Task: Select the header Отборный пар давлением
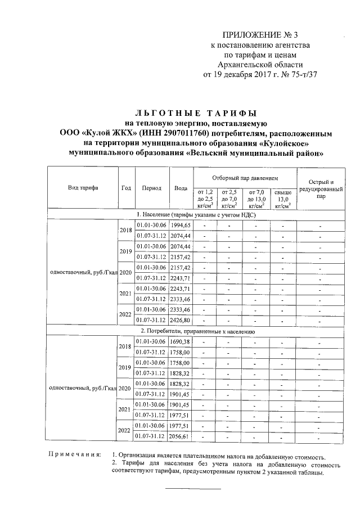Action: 245,177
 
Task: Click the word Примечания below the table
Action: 74,454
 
